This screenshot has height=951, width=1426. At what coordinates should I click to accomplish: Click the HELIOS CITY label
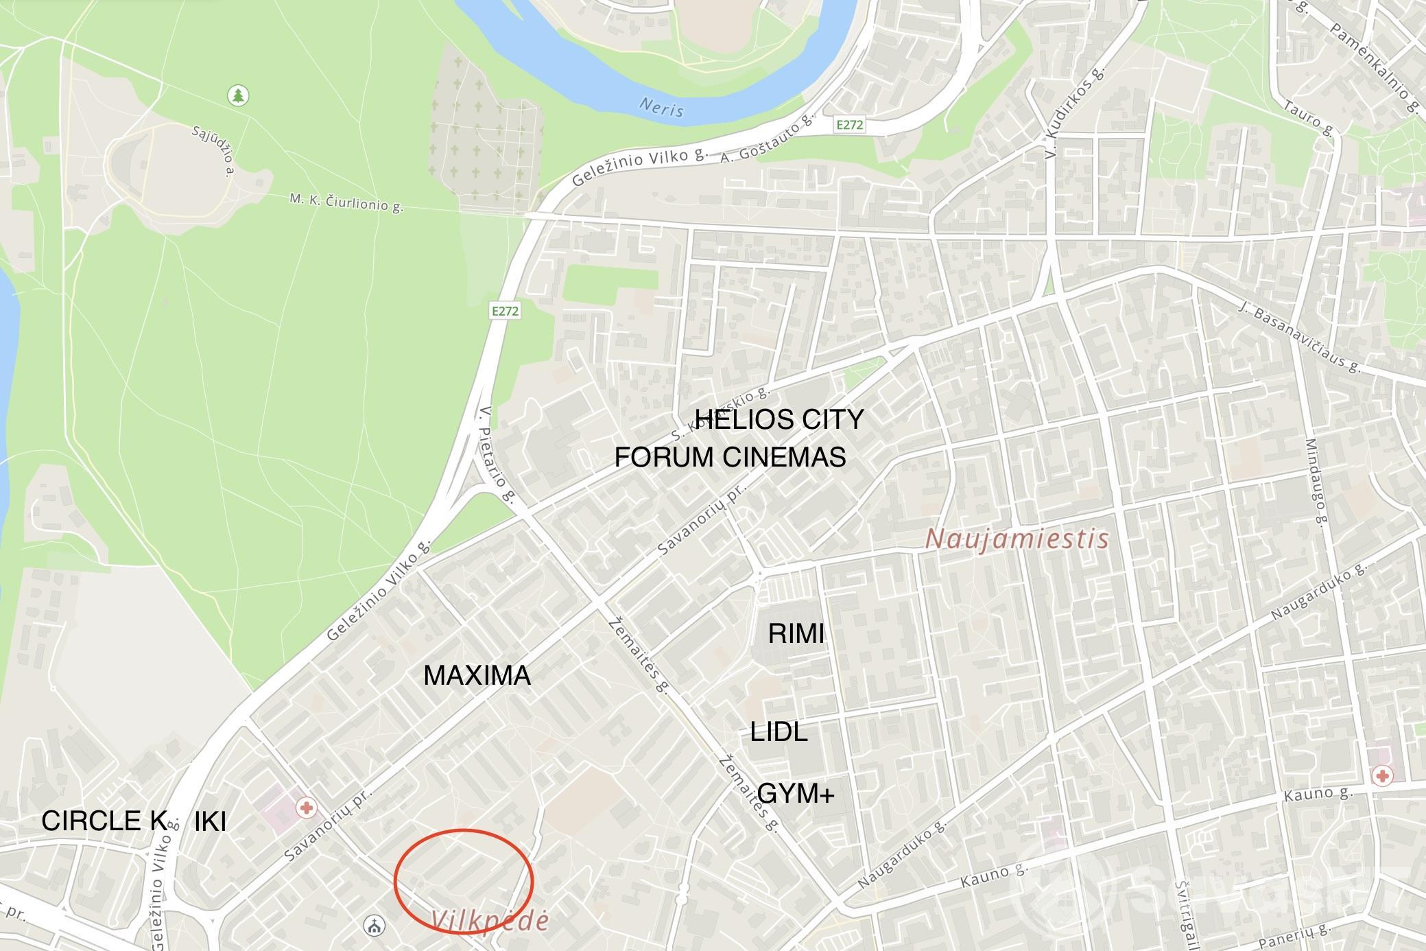pos(779,419)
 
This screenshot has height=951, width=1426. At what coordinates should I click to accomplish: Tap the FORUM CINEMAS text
pos(730,457)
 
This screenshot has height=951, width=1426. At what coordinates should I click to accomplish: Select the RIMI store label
pos(796,634)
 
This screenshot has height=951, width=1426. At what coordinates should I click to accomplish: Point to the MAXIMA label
pos(477,676)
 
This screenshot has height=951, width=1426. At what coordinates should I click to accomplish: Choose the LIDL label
pos(779,732)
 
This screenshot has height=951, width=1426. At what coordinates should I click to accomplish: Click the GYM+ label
pos(796,794)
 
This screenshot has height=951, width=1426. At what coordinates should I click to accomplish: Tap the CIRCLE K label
pos(104,821)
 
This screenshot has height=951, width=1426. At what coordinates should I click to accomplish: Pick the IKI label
pos(210,821)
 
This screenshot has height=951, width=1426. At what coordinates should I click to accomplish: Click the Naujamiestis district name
pos(1017,539)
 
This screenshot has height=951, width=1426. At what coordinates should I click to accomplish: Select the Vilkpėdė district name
pos(491,921)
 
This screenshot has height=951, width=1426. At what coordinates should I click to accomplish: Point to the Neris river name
pos(661,107)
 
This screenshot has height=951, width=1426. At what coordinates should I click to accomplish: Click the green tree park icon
pos(238,95)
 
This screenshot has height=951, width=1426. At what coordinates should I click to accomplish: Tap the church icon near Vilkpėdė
pos(374,926)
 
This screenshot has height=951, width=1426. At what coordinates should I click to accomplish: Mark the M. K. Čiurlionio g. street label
pos(346,202)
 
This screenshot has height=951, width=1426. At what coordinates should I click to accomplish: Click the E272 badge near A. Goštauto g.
pos(849,125)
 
